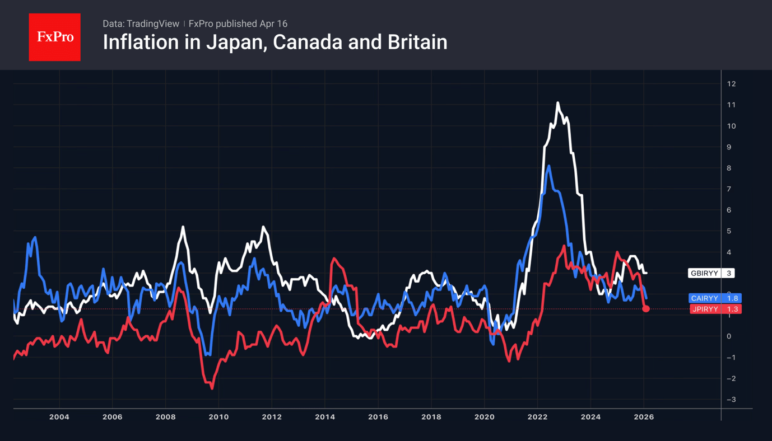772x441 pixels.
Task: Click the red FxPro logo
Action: point(54,37)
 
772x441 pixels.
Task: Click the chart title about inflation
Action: point(275,43)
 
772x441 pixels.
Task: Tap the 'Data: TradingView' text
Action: point(141,24)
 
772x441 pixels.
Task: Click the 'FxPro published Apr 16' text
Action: point(238,24)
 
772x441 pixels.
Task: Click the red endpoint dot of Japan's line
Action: point(646,309)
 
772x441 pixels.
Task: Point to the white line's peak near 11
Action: point(557,103)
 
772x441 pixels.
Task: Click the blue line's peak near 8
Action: point(548,166)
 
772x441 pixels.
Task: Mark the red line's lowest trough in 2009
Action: point(212,388)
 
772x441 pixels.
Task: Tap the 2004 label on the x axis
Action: point(59,417)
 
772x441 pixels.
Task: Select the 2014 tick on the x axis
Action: point(325,417)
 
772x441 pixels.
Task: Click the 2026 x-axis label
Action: point(644,417)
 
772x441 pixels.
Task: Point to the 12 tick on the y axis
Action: point(731,84)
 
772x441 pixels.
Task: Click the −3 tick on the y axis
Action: point(731,400)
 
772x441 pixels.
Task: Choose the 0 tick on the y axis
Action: point(729,336)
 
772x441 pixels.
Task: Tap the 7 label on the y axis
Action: point(729,189)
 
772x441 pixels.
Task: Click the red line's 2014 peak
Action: point(334,259)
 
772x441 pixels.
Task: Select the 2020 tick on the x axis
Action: point(484,417)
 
